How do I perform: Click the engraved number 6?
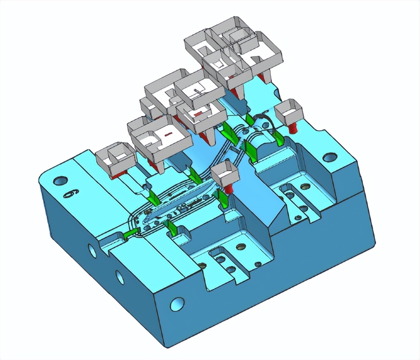pos(68,193)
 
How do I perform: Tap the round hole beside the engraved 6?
pos(58,182)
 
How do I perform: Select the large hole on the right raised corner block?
pos(329,158)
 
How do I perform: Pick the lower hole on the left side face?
pos(120,277)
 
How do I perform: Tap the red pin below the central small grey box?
pos(229,189)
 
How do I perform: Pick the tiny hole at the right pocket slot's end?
pos(298,218)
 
